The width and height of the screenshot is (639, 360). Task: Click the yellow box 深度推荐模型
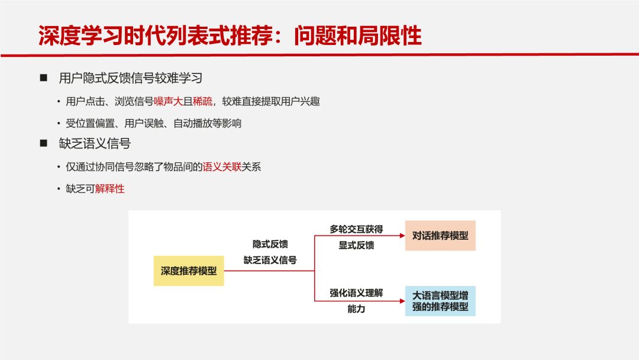(189, 271)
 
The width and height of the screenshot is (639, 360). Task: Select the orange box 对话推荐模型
(440, 236)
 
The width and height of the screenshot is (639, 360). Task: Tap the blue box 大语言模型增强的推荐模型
(440, 301)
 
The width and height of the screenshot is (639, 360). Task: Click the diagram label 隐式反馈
(270, 244)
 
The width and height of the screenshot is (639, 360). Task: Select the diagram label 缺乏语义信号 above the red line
(270, 260)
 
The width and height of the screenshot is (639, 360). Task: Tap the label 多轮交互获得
(356, 229)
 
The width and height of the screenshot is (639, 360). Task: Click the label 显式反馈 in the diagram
(356, 245)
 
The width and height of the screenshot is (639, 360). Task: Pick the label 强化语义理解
(356, 293)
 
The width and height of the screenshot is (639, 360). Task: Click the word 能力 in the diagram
(356, 309)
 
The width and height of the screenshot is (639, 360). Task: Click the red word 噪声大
(169, 101)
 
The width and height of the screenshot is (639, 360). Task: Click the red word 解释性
(110, 189)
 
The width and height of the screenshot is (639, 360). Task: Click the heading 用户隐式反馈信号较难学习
(131, 78)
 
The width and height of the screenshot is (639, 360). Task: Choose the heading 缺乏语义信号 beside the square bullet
(95, 144)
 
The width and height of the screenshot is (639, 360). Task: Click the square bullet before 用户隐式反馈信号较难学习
(43, 78)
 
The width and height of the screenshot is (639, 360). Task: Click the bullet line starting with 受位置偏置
(154, 123)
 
